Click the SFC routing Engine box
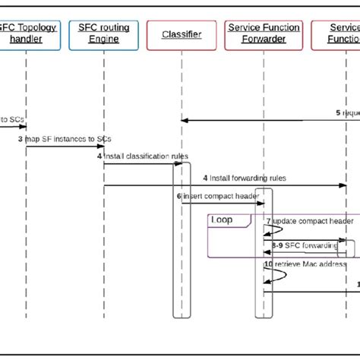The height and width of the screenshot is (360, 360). pos(104,34)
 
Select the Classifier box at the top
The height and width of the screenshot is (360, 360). pos(182,35)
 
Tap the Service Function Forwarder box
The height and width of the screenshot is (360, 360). pos(264,34)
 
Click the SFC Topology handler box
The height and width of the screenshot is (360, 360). pos(26,34)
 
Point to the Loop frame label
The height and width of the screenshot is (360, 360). pos(223,220)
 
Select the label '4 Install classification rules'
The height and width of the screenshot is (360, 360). pos(142,156)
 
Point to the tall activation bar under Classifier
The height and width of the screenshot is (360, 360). pos(178,243)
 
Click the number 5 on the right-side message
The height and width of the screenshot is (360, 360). pos(338,112)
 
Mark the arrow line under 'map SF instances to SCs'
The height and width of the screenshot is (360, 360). pos(65,147)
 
